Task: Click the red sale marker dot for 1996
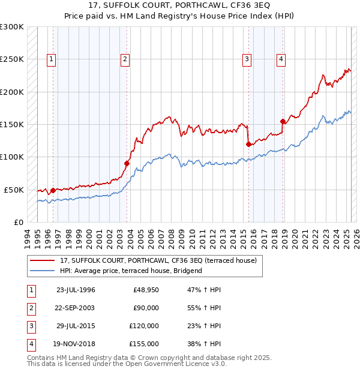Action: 53,190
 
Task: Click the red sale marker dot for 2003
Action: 127,163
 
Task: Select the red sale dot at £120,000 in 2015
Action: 248,144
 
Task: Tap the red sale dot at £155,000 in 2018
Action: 283,121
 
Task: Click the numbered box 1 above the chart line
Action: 52,59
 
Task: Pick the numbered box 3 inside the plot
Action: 247,59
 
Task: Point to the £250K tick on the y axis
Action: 11,59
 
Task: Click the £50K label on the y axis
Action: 14,190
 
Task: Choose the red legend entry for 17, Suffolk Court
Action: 158,260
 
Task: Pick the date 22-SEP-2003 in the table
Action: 76,308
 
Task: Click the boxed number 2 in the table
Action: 31,308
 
